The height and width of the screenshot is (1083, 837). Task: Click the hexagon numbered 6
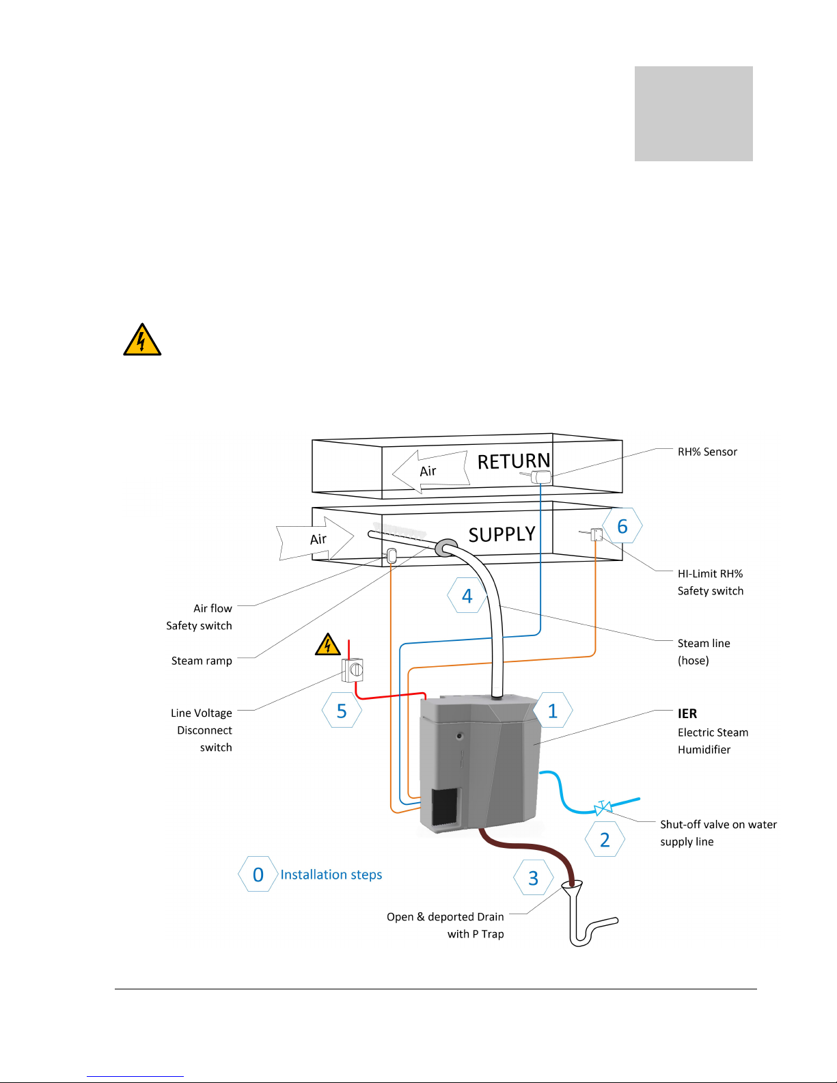pos(622,525)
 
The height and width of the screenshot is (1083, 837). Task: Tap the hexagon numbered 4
pos(467,595)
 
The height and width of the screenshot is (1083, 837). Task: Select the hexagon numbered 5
pos(342,710)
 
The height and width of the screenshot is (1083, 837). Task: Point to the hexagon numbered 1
pos(553,710)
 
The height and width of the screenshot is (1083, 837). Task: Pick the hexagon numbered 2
pos(605,839)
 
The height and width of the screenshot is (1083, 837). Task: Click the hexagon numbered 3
pos(534,877)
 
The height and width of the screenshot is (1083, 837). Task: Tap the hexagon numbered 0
pos(258,874)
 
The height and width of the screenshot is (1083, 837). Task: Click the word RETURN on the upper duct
pos(514,461)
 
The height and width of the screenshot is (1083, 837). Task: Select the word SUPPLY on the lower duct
pos(502,534)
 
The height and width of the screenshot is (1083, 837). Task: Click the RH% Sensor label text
pos(707,452)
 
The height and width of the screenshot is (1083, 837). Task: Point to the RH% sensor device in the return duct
pos(540,476)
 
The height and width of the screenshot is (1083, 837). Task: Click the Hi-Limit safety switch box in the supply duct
pos(596,534)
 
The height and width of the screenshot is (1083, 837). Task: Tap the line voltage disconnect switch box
pos(353,670)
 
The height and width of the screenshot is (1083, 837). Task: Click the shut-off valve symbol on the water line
pos(603,808)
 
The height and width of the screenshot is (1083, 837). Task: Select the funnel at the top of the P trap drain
pos(572,886)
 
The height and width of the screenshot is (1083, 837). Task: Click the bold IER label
pos(687,714)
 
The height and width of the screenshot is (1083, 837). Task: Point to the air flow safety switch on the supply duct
pos(392,556)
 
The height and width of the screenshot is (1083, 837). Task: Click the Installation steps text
pos(331,875)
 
